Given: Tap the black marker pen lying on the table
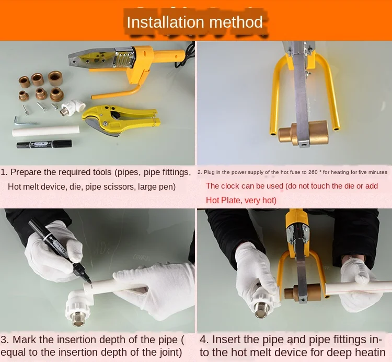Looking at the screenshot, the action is pyautogui.click(x=44, y=144).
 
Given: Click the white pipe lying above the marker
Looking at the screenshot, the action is pyautogui.click(x=46, y=131).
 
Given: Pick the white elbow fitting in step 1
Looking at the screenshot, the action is pyautogui.click(x=73, y=107).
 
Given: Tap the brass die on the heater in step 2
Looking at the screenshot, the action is pyautogui.click(x=303, y=133).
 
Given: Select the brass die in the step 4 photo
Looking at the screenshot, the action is pyautogui.click(x=303, y=293).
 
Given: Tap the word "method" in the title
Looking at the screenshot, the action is pyautogui.click(x=236, y=22).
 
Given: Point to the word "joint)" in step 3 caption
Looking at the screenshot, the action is pyautogui.click(x=171, y=353).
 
